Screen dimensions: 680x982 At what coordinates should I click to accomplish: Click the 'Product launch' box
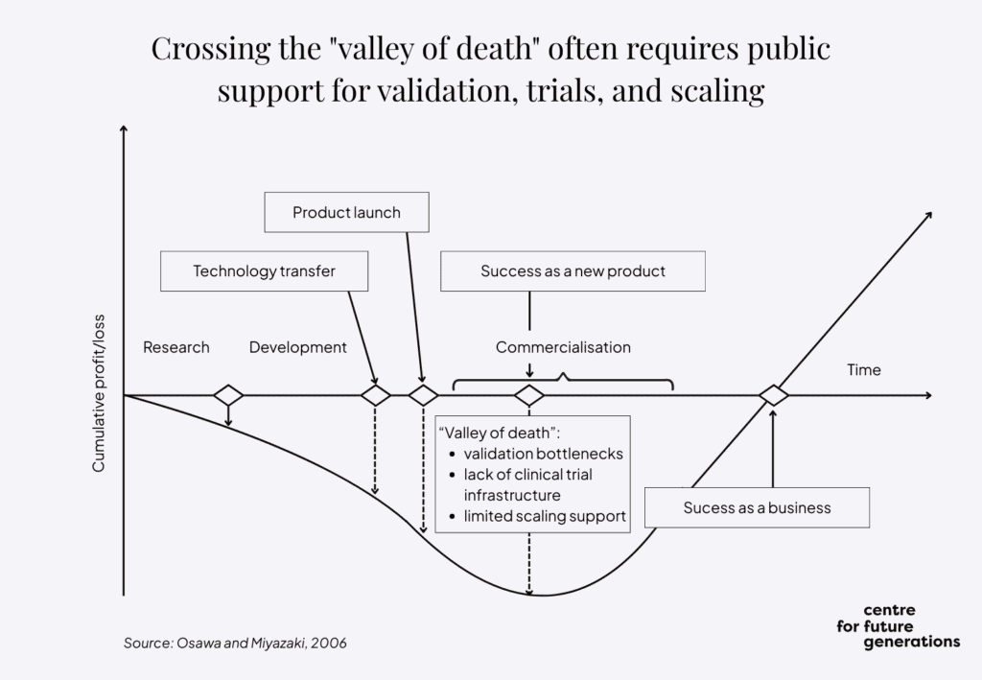tap(346, 212)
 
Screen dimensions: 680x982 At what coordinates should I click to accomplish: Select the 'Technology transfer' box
tap(264, 271)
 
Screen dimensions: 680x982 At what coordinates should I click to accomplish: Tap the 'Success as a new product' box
tap(573, 271)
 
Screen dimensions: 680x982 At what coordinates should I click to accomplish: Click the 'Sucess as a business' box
tap(757, 507)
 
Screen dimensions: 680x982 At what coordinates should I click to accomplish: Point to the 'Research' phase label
tap(176, 347)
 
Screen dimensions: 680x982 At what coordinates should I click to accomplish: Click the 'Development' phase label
tap(298, 347)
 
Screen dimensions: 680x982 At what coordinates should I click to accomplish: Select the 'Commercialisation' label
tap(563, 347)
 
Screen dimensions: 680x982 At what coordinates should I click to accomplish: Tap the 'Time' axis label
tap(863, 370)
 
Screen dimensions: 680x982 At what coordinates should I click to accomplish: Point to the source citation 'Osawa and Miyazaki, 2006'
tap(235, 643)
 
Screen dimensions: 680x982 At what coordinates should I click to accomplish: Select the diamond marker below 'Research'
tap(228, 395)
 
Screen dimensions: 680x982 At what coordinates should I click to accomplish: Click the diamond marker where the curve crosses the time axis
tap(773, 395)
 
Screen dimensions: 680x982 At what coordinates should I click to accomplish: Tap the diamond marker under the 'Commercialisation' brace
tap(529, 395)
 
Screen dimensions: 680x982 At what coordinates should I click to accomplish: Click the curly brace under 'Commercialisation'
tap(563, 381)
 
